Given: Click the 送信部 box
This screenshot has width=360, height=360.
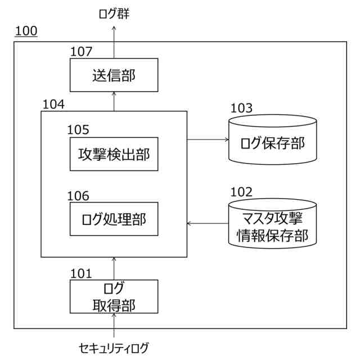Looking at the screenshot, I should tap(114, 75).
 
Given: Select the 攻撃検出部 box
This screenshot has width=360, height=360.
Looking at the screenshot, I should tap(114, 154).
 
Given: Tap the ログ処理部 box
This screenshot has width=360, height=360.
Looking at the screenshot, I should tap(114, 219).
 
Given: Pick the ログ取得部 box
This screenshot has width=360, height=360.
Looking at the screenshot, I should tap(114, 296).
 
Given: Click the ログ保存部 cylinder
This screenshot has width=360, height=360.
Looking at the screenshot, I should tap(273, 142).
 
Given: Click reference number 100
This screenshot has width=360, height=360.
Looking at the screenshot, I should tap(26, 31).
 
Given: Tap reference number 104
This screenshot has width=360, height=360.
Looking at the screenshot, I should tap(53, 104).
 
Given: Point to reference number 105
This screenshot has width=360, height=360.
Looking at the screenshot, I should tap(78, 130).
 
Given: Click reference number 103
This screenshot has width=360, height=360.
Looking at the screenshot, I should tap(241, 109).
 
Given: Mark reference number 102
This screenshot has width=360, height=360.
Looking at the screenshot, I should tap(241, 192).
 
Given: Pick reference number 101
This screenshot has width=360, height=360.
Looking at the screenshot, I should tap(81, 273).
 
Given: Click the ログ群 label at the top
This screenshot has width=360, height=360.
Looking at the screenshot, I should tap(114, 13).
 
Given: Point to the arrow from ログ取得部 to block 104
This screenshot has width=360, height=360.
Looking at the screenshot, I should tap(114, 268).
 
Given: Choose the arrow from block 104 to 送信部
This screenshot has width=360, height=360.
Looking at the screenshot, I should tap(114, 101).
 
